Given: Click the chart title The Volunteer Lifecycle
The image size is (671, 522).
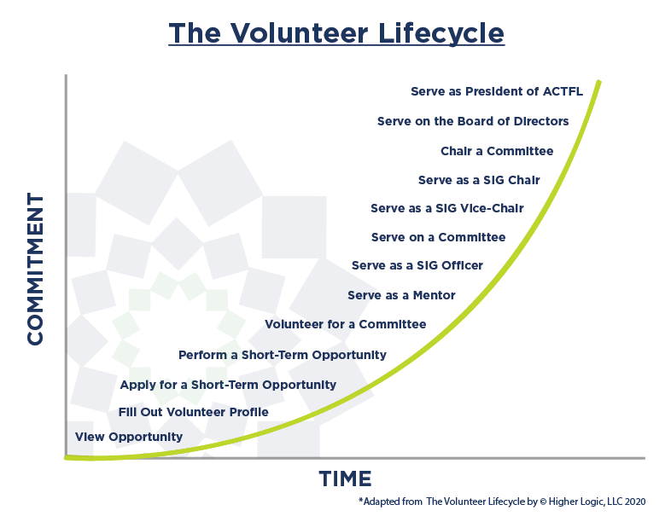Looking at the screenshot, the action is pos(336,33).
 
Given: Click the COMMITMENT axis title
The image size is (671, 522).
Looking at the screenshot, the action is pos(35,269).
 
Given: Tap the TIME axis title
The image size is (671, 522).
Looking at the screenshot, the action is pos(345,478).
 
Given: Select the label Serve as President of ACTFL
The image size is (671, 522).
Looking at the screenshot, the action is pos(496,91).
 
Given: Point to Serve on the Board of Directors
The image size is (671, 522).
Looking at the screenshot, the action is pos(473,121).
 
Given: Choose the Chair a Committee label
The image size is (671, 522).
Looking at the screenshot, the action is pos(497,151).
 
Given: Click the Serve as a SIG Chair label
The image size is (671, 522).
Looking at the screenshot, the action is pos(479,180).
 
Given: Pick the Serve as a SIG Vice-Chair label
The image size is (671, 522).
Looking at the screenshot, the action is pos(447,208).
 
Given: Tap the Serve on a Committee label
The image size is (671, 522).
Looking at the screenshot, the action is pos(438,237).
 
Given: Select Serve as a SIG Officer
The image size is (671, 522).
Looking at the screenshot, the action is pos(417,265).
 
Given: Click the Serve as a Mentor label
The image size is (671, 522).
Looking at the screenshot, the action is pos(401,295).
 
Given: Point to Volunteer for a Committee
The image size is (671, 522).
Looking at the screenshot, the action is pos(346,324).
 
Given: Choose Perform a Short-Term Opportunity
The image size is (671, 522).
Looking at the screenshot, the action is pos(283,356).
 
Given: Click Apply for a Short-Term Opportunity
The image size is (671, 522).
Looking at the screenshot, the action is pos(228,386).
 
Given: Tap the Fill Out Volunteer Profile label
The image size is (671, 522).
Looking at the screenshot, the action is pos(194,412).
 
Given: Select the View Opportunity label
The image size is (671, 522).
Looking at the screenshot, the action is pos(129,437).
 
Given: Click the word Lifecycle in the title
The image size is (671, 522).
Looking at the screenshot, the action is pos(441,33).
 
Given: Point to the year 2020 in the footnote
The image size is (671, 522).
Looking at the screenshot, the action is pos(635,502).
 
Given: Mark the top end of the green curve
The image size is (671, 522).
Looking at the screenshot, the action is pos(599,81).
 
